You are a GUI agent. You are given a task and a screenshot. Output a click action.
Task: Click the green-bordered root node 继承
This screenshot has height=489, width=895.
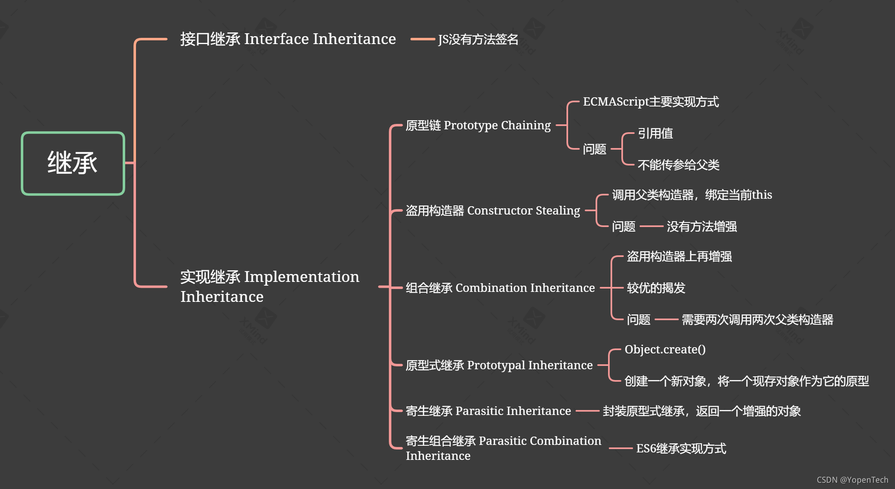73,163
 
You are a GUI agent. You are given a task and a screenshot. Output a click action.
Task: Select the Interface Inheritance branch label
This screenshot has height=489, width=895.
288,39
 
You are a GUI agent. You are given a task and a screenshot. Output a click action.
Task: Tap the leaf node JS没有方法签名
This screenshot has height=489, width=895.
478,40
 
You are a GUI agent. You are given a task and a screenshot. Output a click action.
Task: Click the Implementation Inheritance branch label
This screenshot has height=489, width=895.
269,286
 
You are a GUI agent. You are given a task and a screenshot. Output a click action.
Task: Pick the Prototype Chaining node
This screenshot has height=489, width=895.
478,125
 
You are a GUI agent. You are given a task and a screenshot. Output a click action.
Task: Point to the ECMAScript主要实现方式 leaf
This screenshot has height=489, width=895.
650,102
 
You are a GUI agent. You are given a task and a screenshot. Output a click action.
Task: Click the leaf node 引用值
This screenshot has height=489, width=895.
655,133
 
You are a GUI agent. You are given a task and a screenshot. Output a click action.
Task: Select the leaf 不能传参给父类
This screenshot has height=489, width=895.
678,165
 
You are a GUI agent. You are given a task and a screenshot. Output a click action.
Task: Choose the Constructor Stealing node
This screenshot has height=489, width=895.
492,211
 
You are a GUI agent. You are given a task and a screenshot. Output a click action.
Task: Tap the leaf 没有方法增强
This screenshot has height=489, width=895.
702,227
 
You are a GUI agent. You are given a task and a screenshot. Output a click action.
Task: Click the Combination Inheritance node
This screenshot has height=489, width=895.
500,288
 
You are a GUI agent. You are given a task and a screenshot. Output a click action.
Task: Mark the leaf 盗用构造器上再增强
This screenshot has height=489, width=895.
679,257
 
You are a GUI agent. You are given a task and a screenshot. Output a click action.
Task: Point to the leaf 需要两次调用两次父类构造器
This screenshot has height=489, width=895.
757,320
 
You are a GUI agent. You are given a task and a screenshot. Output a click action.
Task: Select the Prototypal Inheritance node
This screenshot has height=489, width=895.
499,366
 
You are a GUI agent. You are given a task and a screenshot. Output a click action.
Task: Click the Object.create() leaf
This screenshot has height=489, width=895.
665,350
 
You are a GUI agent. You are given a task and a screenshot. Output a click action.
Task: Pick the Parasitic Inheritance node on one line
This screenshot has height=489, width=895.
488,411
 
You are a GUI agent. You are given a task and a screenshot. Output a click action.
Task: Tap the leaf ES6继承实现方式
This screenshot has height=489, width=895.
681,449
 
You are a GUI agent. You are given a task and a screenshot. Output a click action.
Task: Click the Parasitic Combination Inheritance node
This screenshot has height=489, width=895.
503,448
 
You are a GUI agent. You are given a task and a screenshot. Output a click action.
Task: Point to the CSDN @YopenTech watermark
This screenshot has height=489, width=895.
852,480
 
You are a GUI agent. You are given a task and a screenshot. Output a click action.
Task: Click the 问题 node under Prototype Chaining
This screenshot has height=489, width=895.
594,149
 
